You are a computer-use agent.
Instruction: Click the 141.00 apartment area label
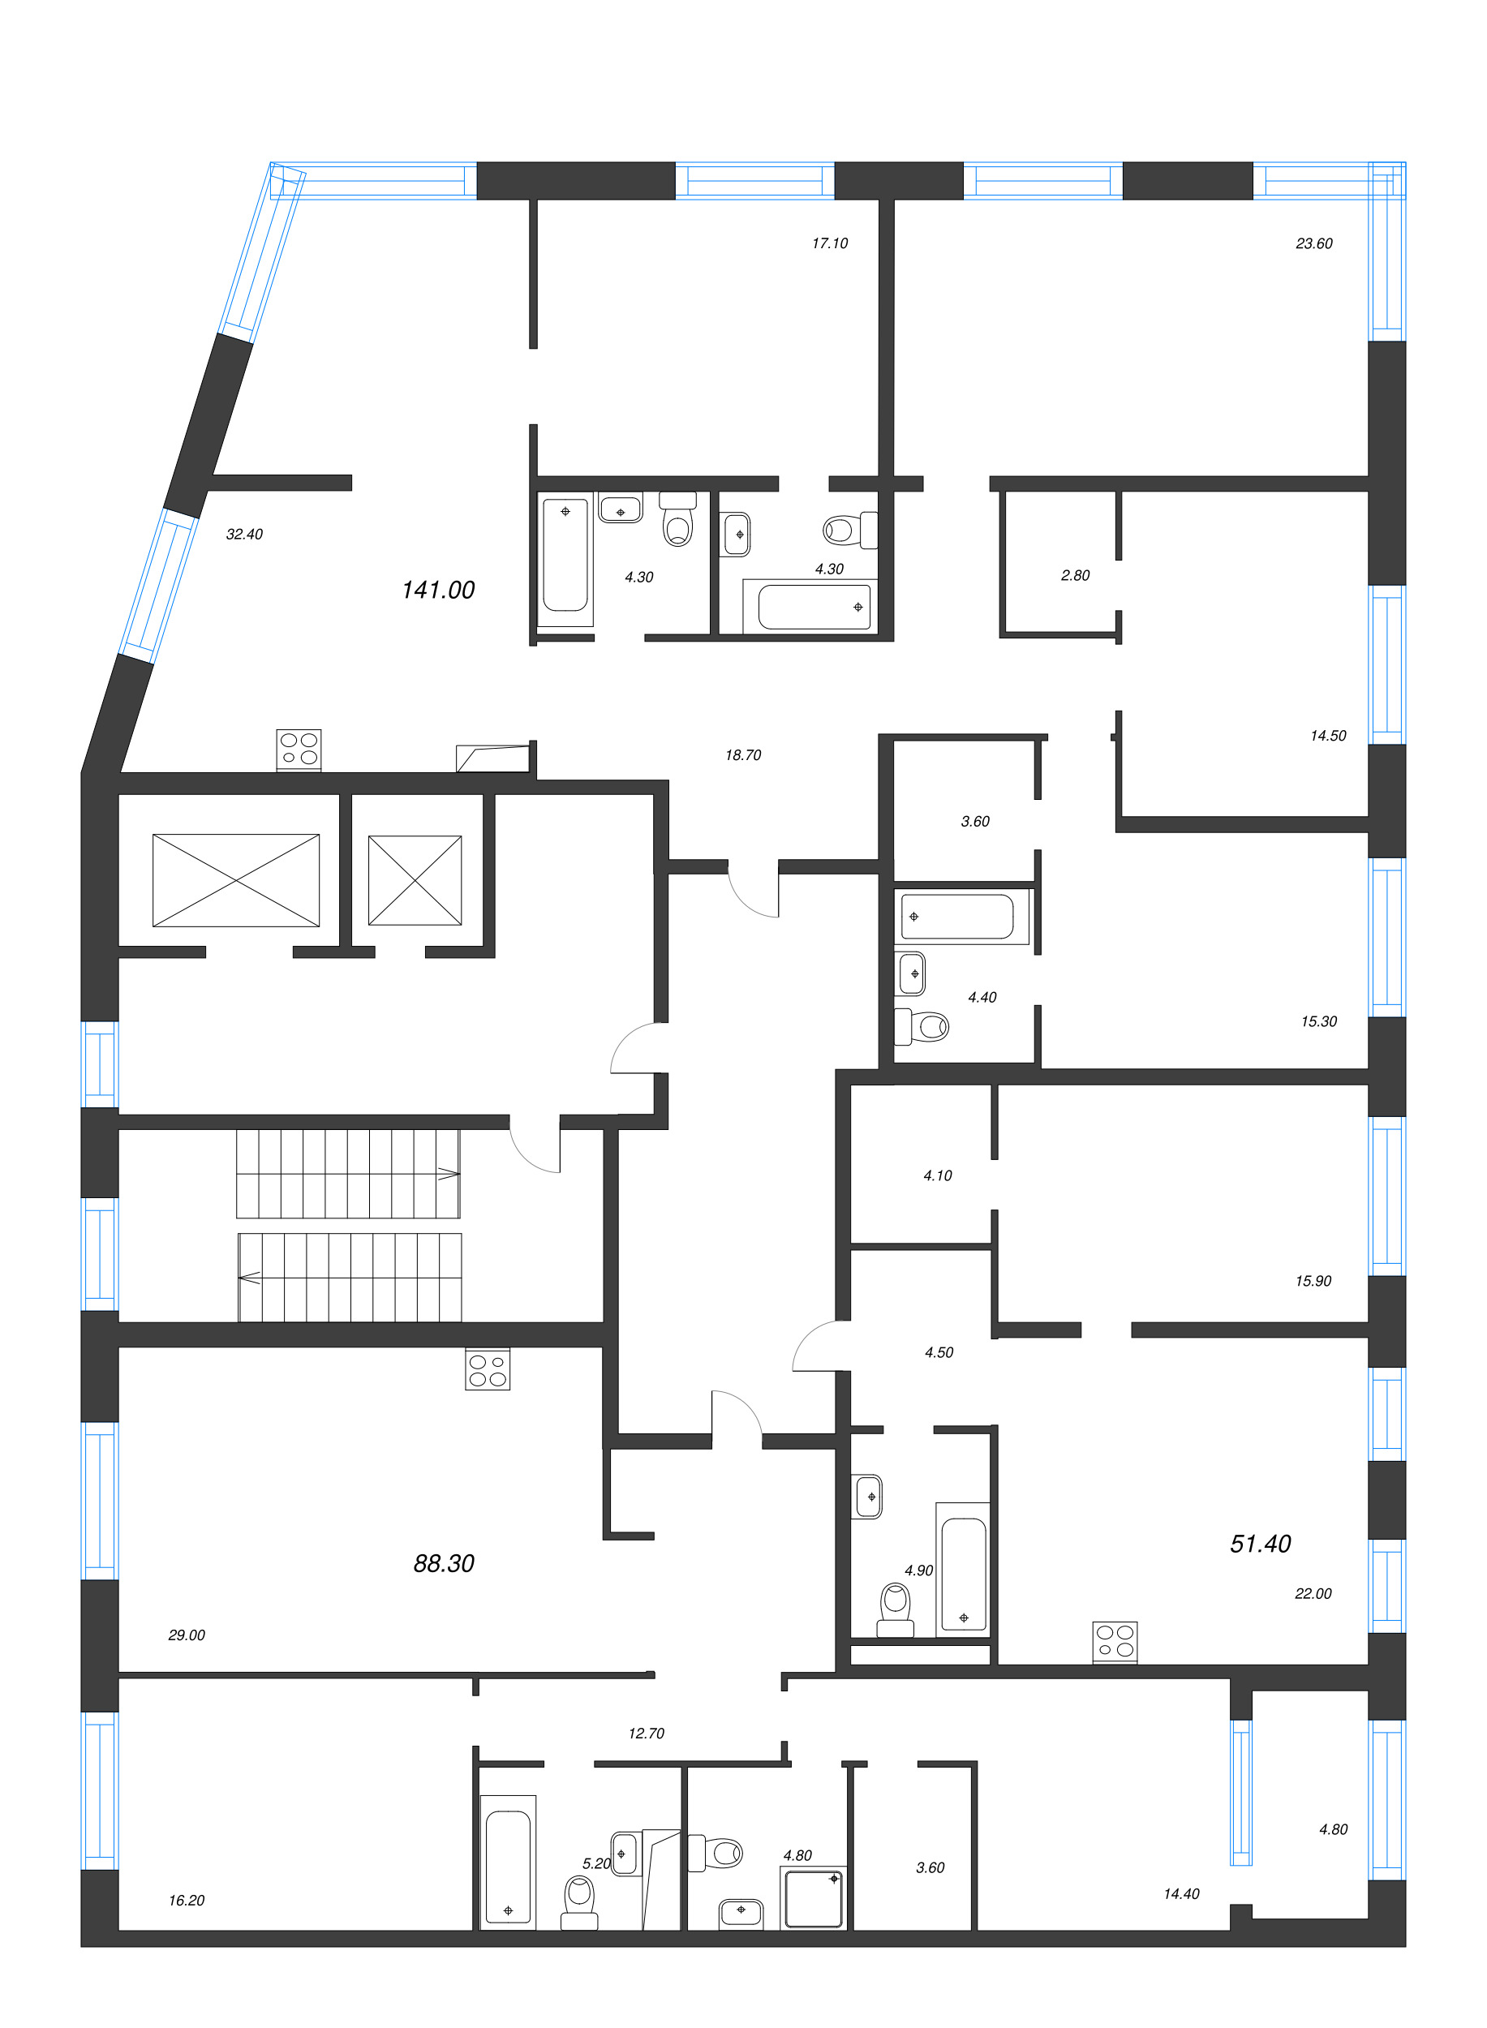point(437,590)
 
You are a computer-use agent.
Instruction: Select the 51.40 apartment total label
point(1259,1543)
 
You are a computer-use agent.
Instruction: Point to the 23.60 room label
point(1313,243)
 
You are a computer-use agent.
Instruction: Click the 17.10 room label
point(829,243)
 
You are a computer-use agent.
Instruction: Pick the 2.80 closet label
point(1075,575)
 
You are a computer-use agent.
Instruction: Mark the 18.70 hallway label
point(742,754)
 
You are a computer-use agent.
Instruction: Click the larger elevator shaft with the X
point(236,879)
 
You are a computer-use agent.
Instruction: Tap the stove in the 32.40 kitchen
point(298,749)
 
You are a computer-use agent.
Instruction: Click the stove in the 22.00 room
point(1115,1642)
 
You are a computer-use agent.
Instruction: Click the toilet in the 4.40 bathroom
point(923,1026)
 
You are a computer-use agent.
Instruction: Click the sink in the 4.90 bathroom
point(868,1496)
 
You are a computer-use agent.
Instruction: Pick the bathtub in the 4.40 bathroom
point(959,917)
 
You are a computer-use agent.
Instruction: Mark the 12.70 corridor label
point(646,1733)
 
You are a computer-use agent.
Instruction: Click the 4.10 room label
point(937,1175)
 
